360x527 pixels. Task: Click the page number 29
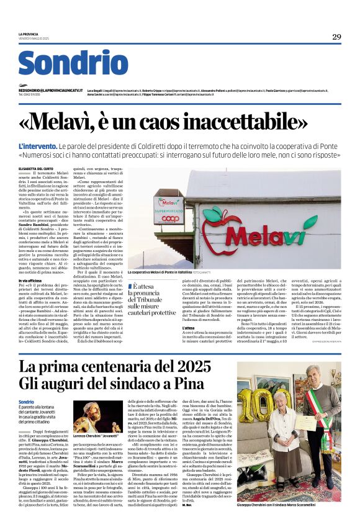336,37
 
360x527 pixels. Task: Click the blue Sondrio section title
73,63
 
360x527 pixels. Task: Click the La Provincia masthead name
27,34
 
